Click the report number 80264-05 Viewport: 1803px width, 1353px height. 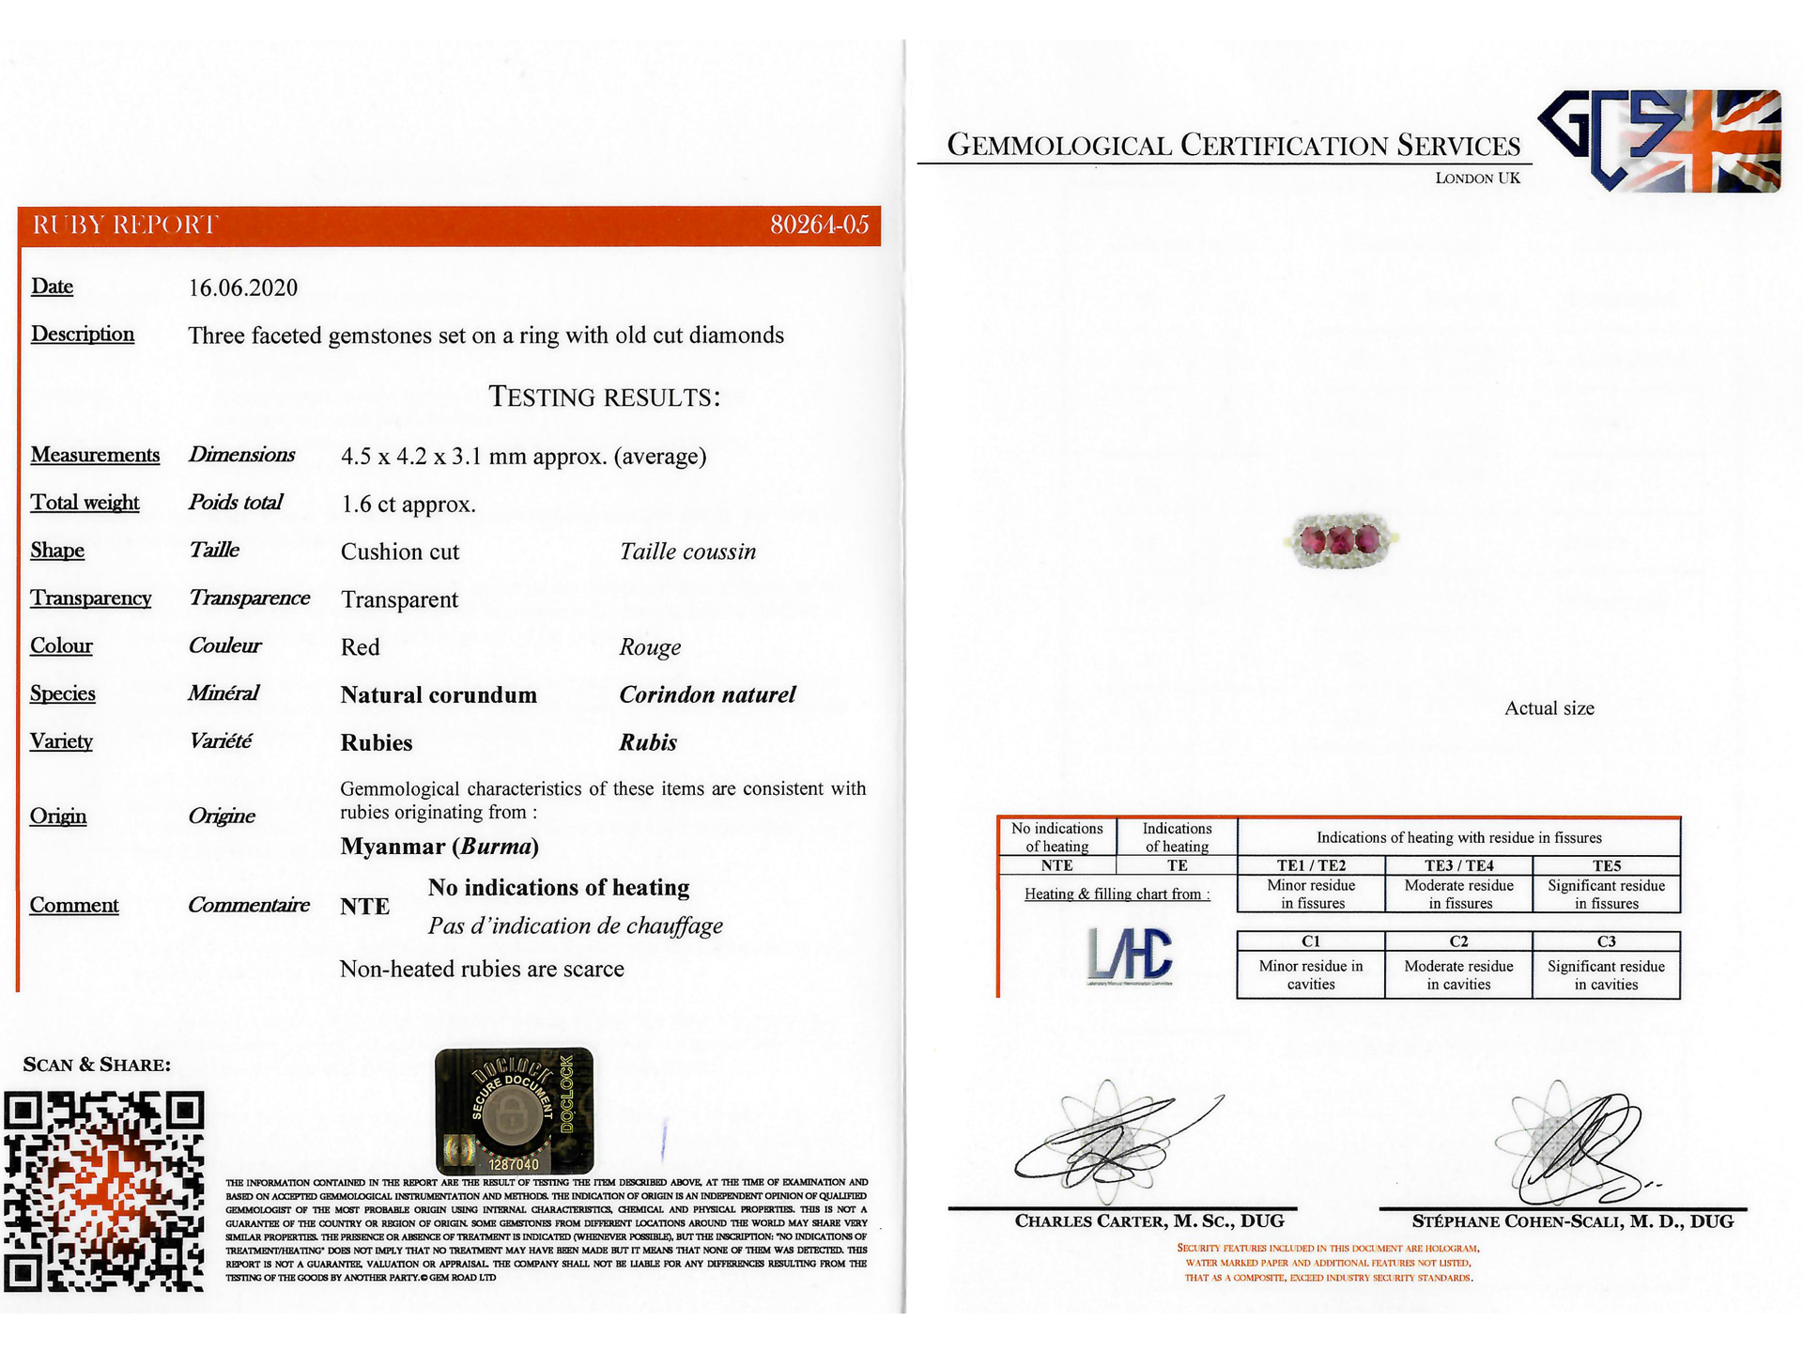[819, 225]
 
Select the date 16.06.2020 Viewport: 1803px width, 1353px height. [243, 288]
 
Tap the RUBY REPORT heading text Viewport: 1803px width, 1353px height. [125, 225]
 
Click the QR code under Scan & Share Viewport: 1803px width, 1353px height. [104, 1190]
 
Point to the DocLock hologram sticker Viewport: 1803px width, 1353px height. [514, 1110]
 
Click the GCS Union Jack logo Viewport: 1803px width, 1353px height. [1659, 141]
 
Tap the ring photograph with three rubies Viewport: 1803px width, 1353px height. [1340, 541]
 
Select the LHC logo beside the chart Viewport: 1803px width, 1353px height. [1130, 955]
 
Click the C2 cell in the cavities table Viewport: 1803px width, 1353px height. [1458, 941]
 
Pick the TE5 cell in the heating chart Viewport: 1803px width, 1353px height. [1606, 865]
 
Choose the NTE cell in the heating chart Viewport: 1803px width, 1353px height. [1056, 865]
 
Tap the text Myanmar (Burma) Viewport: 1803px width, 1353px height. [439, 847]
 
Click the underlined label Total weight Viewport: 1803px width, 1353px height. [85, 503]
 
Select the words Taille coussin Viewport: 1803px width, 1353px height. [687, 552]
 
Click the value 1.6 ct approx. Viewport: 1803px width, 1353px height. [408, 505]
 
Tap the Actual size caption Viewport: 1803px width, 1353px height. [1549, 708]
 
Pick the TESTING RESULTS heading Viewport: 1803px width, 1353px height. [605, 397]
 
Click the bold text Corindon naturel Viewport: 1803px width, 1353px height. [707, 695]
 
